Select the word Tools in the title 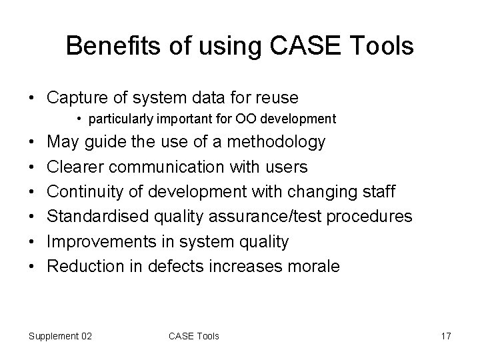coord(385,46)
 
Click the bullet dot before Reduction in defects coord(33,267)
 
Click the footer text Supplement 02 coord(60,336)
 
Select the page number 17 coord(446,336)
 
